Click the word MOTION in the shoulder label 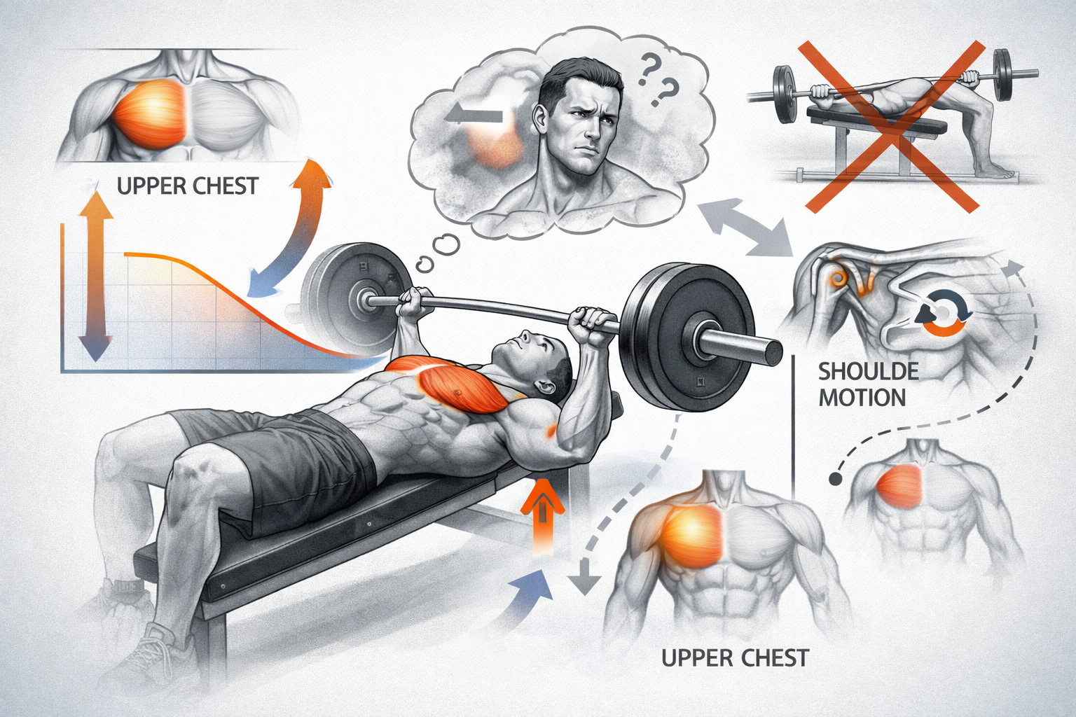862,398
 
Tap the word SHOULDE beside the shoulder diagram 869,372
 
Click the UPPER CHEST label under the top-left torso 188,186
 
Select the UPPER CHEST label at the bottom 735,657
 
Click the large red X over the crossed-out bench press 892,127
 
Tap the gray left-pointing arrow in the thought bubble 473,117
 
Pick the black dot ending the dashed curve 836,479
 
